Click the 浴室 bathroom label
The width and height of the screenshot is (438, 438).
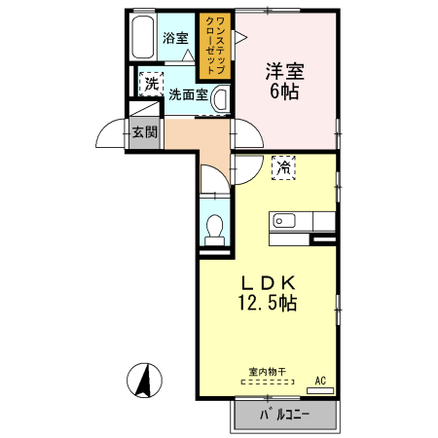(x=175, y=38)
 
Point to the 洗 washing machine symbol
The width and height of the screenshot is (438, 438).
(x=151, y=84)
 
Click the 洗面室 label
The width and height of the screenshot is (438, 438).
(x=187, y=95)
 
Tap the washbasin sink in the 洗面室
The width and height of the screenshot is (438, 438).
(x=221, y=98)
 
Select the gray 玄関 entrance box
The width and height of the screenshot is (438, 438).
(x=144, y=133)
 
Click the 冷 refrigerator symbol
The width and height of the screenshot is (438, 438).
(x=283, y=167)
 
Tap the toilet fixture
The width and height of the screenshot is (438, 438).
(x=216, y=226)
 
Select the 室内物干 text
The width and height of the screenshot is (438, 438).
(x=267, y=372)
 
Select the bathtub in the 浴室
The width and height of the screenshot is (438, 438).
(x=142, y=38)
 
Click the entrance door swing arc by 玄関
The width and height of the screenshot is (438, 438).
(x=109, y=132)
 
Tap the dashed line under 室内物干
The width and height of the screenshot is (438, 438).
(x=267, y=383)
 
